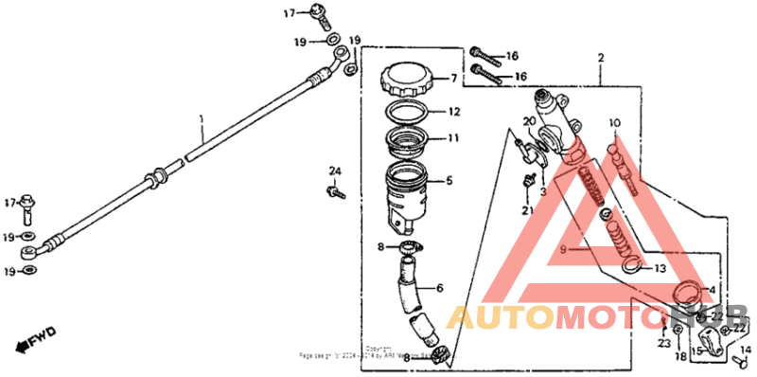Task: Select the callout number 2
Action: [x=600, y=59]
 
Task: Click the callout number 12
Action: [x=454, y=111]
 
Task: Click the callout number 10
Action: [x=614, y=123]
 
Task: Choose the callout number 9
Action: [x=561, y=249]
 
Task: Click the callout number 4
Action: [x=713, y=291]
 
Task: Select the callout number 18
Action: [x=679, y=358]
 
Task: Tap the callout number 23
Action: [x=663, y=343]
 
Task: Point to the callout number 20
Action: [x=530, y=121]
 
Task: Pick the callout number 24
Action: [x=334, y=171]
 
